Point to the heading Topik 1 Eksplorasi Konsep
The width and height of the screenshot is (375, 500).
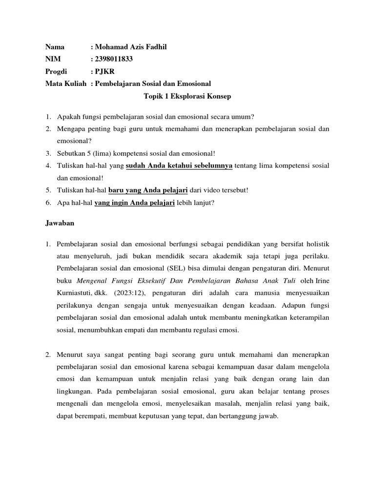coord(187,96)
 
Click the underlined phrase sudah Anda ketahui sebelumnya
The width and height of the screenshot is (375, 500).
coord(180,166)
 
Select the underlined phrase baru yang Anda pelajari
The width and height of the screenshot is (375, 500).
coord(148,190)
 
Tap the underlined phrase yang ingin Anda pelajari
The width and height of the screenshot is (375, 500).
coord(134,202)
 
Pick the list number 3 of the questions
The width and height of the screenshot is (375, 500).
coord(48,154)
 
